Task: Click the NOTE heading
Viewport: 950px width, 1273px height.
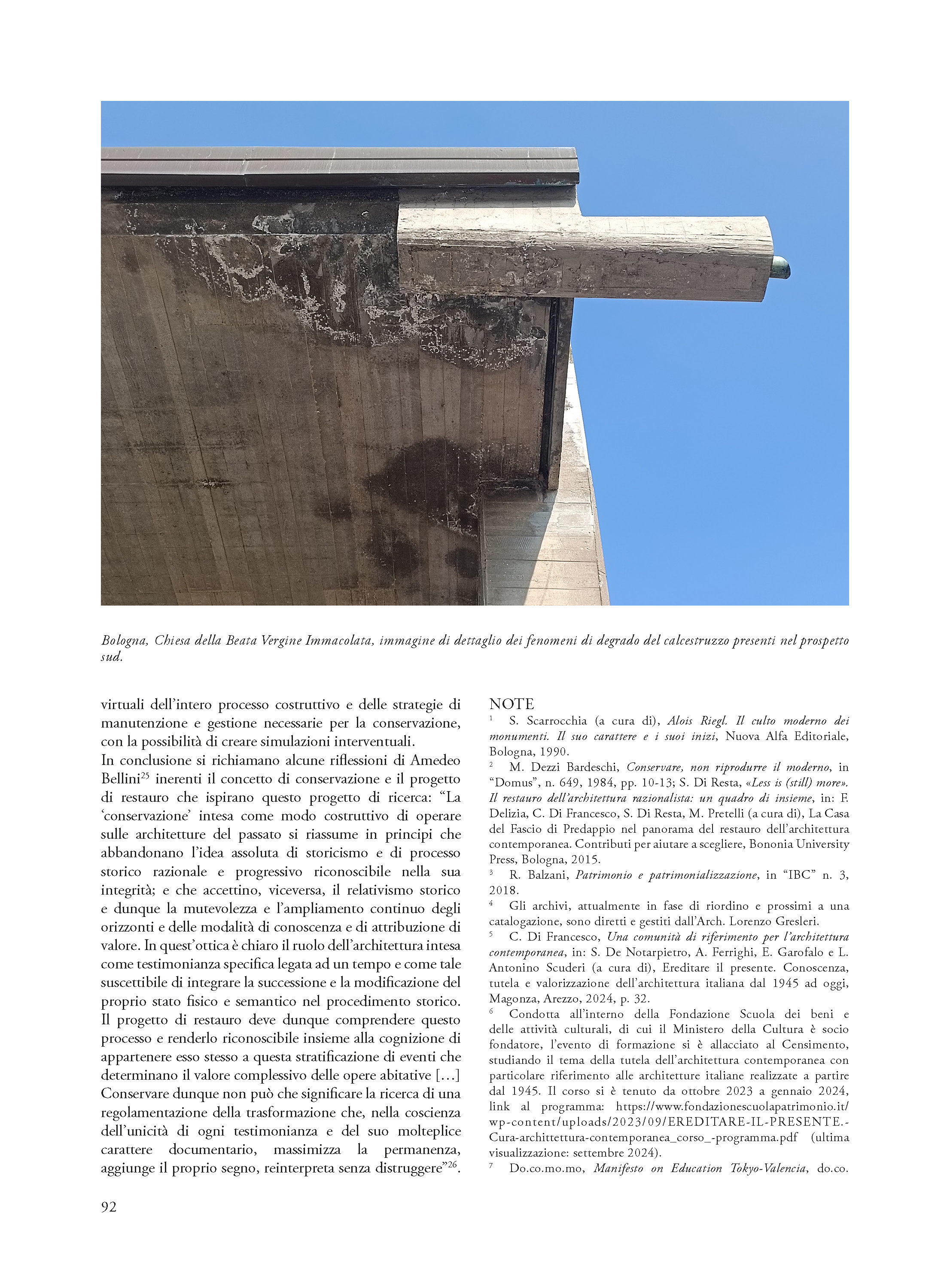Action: tap(511, 704)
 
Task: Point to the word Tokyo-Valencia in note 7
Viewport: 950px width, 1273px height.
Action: tap(767, 1168)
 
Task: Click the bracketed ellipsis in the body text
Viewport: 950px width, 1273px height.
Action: tap(448, 1075)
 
